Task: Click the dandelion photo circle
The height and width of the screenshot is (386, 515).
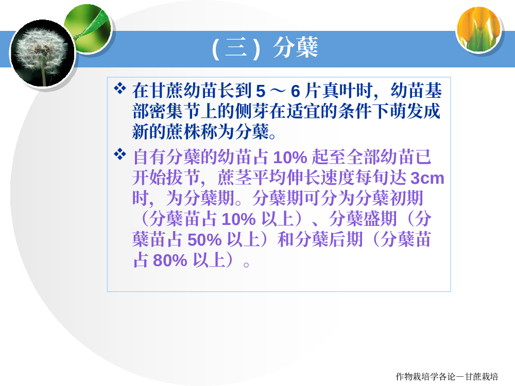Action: (x=43, y=54)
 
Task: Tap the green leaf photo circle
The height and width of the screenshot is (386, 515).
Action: (x=88, y=28)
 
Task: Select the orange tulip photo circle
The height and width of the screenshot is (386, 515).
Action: (x=479, y=29)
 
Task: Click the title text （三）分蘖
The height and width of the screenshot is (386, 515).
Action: (x=265, y=48)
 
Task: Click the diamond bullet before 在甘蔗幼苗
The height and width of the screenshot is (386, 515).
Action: (x=119, y=89)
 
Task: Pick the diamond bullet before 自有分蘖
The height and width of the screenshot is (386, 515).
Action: (x=119, y=154)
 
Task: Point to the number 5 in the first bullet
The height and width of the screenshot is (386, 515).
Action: (x=261, y=91)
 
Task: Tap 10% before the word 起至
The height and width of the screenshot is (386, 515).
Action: (x=290, y=157)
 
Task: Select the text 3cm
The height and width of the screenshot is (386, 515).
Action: (x=427, y=178)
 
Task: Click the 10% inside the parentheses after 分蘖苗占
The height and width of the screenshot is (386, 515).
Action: (x=238, y=219)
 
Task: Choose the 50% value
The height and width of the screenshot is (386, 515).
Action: (x=204, y=240)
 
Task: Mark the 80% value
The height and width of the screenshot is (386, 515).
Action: (x=170, y=260)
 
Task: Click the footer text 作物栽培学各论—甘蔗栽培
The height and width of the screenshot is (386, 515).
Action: (x=447, y=377)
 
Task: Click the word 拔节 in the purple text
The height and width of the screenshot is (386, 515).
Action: (x=184, y=178)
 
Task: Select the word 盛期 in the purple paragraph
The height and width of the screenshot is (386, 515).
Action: (x=380, y=219)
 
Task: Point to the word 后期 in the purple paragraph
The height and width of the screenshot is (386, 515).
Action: (x=346, y=239)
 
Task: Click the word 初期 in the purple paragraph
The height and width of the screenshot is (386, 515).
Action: (x=406, y=198)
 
